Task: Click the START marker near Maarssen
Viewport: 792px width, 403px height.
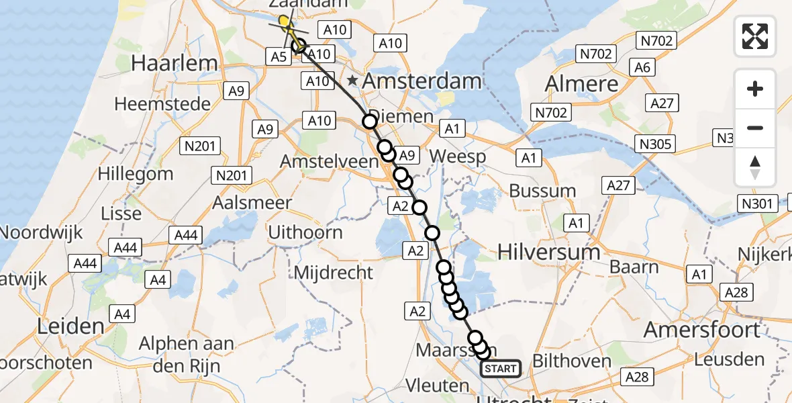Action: click(x=501, y=368)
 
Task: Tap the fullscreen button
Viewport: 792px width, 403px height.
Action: click(x=755, y=36)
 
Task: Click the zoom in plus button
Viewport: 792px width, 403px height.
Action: click(x=755, y=89)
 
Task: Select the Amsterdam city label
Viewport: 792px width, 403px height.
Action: click(x=423, y=81)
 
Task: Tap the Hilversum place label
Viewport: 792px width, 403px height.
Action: click(x=549, y=252)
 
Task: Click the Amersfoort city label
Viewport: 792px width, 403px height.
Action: click(x=701, y=330)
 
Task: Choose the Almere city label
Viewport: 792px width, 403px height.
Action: click(x=581, y=84)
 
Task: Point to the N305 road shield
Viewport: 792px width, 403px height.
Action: click(x=656, y=144)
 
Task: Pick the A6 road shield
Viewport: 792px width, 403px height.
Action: click(x=642, y=67)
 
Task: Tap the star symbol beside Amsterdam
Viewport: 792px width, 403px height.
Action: click(x=352, y=81)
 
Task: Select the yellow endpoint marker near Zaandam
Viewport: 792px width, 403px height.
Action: click(x=285, y=21)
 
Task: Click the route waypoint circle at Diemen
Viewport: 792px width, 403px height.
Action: click(x=369, y=122)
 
